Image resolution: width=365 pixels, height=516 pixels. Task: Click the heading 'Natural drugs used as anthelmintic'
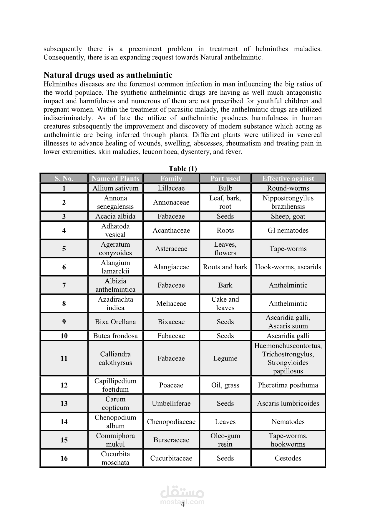click(108, 75)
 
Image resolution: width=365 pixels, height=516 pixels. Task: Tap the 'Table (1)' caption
click(182, 168)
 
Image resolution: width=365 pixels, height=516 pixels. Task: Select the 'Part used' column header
click(225, 178)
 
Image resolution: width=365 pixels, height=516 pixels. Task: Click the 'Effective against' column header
click(288, 178)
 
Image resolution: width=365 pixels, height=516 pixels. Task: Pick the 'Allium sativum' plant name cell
click(115, 188)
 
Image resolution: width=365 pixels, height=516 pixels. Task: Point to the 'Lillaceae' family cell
click(171, 188)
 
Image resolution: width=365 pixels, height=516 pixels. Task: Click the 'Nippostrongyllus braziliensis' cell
click(288, 202)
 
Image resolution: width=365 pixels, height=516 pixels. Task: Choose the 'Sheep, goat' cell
click(288, 216)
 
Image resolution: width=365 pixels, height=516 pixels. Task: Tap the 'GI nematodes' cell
click(288, 231)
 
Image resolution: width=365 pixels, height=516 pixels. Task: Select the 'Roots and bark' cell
click(225, 267)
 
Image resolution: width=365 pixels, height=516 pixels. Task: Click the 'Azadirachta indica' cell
click(115, 303)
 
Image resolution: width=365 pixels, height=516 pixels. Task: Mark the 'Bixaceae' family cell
click(171, 322)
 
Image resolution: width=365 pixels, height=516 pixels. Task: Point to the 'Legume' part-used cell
click(225, 358)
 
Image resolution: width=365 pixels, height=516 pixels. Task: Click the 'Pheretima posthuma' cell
click(288, 385)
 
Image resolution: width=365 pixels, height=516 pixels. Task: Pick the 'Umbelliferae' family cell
click(171, 403)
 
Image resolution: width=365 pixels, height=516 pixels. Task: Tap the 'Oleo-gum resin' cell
click(225, 440)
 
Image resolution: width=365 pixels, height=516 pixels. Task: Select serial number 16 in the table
click(64, 458)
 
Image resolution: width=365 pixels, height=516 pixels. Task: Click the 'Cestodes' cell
click(288, 458)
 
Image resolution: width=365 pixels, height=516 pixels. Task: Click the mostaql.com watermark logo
click(182, 495)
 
